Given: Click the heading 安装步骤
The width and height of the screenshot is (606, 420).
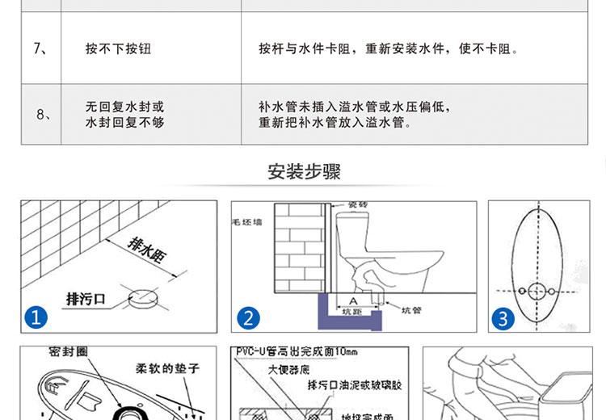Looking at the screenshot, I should pos(303,172).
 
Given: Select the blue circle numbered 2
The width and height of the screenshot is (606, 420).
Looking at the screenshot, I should pos(247,318).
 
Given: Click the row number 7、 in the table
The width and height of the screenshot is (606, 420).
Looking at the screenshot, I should pos(41,49).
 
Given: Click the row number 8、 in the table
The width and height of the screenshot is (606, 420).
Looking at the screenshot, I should pos(44,115).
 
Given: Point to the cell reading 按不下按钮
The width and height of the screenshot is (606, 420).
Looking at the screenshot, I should pos(118,49).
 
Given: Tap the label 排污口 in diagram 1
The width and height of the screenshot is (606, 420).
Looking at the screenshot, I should pos(85,298).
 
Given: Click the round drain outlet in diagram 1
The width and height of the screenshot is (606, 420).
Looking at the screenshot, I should pos(144,296).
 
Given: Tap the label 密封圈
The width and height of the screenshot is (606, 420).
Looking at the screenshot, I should pos(67,353).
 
